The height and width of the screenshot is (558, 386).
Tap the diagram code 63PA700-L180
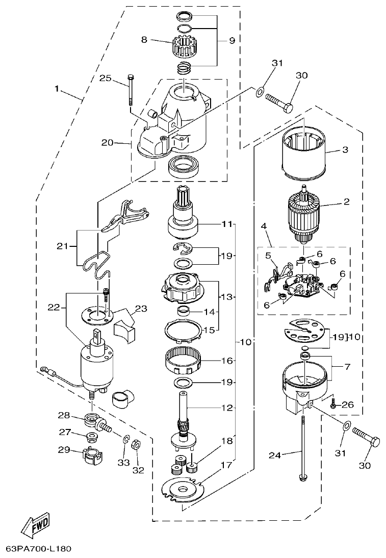(38, 549)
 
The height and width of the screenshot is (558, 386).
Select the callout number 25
(105, 78)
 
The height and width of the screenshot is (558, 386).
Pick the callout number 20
(107, 143)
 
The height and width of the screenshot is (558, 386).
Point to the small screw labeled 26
(333, 405)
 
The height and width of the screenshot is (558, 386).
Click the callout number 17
(226, 465)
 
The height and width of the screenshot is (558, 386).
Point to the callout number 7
(346, 366)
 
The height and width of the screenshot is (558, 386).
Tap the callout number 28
(64, 414)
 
